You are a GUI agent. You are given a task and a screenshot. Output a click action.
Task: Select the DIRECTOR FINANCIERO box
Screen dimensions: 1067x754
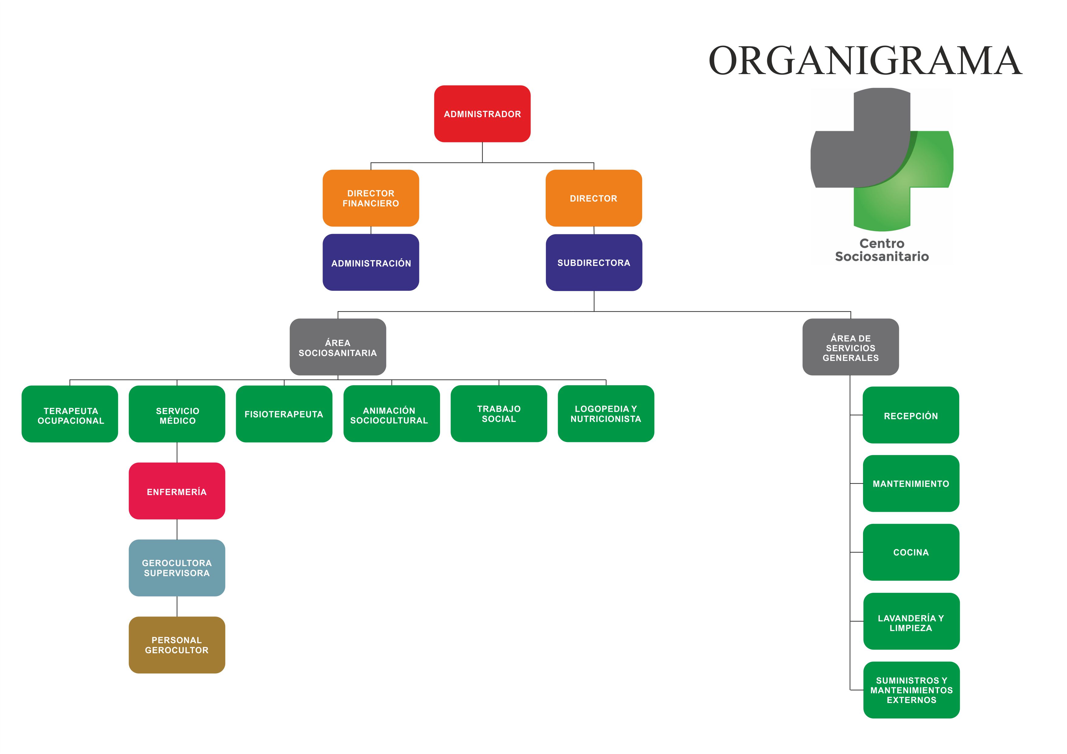point(371,198)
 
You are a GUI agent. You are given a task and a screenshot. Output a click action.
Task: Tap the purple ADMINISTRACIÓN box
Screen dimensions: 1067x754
point(371,263)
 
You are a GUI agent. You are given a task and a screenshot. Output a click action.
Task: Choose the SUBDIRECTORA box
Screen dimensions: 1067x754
point(594,263)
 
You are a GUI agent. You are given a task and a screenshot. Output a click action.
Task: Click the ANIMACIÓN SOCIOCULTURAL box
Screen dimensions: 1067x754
point(391,414)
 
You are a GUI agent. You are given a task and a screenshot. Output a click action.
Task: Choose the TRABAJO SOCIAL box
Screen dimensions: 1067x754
point(499,414)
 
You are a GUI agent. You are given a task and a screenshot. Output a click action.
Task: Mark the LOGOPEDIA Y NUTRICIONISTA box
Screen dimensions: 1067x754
point(606,414)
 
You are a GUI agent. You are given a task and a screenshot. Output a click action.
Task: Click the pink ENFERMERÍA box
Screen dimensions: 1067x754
point(177,491)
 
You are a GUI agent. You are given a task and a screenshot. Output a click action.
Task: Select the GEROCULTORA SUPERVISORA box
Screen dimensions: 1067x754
point(177,568)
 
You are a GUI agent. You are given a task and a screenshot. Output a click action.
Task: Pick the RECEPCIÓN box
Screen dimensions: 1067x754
point(911,415)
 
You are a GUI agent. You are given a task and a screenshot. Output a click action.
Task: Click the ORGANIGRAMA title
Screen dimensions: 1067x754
point(865,60)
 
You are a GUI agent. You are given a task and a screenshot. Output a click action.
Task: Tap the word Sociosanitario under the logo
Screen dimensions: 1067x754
point(882,256)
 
